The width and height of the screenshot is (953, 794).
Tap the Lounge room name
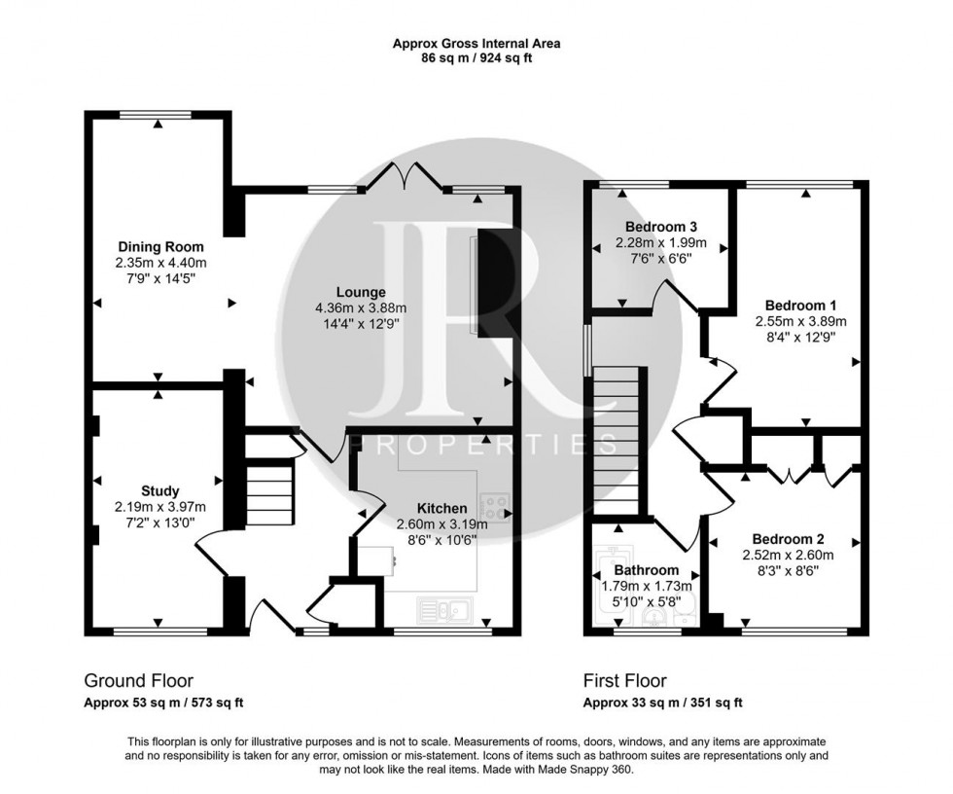[x=361, y=292]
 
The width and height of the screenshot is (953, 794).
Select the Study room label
[x=159, y=490]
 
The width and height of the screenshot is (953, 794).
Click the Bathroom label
[x=646, y=570]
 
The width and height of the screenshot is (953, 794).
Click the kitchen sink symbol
[x=445, y=611]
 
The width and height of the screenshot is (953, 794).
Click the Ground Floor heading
[x=138, y=681]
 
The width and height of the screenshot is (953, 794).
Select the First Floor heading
[x=624, y=681]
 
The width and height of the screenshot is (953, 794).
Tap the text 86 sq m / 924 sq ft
[x=476, y=58]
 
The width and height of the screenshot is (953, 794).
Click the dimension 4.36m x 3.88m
[x=361, y=308]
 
